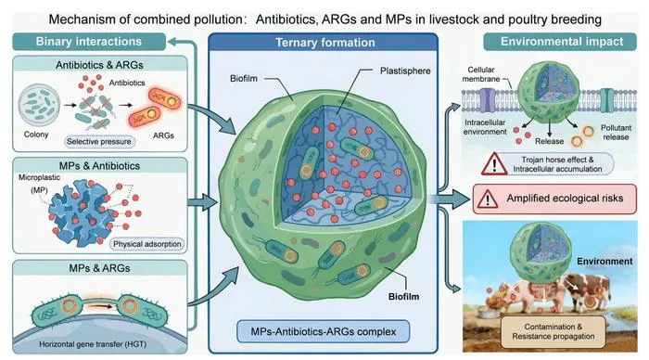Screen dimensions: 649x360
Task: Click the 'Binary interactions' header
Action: pyautogui.click(x=89, y=42)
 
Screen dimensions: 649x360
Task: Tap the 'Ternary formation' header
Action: pyautogui.click(x=324, y=43)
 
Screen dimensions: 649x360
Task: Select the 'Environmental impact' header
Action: pyautogui.click(x=561, y=42)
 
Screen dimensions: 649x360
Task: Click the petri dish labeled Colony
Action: pyautogui.click(x=39, y=105)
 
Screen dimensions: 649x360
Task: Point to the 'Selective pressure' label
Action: pyautogui.click(x=99, y=141)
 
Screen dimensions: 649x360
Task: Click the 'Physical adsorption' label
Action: pyautogui.click(x=146, y=244)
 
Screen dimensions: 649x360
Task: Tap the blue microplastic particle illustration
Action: pyautogui.click(x=82, y=212)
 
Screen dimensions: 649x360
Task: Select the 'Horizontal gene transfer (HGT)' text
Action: pyautogui.click(x=93, y=344)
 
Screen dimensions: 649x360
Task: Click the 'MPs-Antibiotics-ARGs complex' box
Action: pyautogui.click(x=324, y=331)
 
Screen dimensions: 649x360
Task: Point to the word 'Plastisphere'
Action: pyautogui.click(x=405, y=71)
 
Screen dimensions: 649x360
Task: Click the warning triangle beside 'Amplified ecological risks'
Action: pyautogui.click(x=487, y=199)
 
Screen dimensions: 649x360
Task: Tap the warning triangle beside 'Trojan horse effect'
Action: pyautogui.click(x=494, y=163)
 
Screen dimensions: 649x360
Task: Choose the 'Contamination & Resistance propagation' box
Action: pyautogui.click(x=553, y=331)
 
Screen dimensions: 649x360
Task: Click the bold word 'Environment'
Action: pyautogui.click(x=604, y=262)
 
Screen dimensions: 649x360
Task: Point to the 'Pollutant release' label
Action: pyautogui.click(x=616, y=132)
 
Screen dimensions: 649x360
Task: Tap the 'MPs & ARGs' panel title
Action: pyautogui.click(x=99, y=268)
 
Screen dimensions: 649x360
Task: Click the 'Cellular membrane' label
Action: pyautogui.click(x=481, y=74)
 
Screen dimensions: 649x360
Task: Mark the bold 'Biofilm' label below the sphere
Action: pyautogui.click(x=403, y=297)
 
